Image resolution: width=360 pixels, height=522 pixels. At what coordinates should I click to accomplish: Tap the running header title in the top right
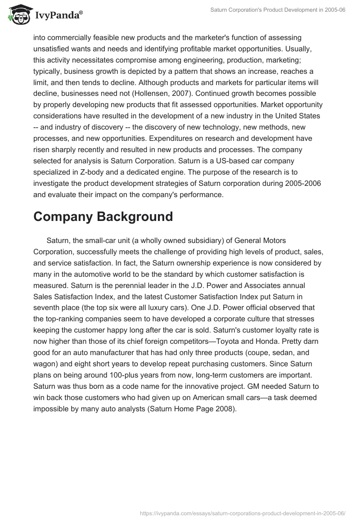click(x=278, y=10)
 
